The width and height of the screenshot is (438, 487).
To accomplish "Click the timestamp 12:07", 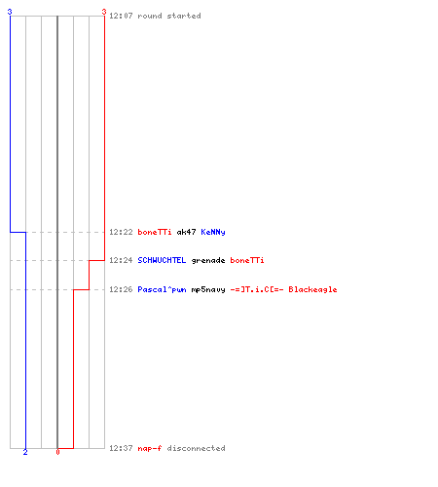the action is click(x=121, y=16).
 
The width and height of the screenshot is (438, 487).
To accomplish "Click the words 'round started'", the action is click(x=169, y=16).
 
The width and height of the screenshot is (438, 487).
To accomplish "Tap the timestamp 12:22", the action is click(x=121, y=232).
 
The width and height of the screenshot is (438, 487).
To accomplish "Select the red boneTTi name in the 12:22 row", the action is click(x=155, y=232).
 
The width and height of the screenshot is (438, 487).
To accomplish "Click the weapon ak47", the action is click(x=186, y=232).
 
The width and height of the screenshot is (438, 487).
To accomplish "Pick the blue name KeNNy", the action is click(x=213, y=232).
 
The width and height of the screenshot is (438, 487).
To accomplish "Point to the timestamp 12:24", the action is click(x=121, y=260).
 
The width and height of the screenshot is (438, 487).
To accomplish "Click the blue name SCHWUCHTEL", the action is click(x=162, y=260).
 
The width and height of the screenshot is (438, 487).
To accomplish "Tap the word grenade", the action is click(x=208, y=260).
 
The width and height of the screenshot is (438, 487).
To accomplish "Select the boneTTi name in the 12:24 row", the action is click(x=247, y=260).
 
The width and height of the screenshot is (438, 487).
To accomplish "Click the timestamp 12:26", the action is click(x=121, y=289).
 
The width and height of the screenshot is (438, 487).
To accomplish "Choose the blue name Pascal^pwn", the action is click(x=162, y=289).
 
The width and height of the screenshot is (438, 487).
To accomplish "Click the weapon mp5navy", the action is click(x=208, y=289).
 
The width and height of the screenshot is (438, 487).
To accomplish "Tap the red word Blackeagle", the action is click(x=312, y=289).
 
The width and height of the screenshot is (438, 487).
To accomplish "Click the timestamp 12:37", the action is click(x=121, y=448).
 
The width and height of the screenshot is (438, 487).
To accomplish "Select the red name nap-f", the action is click(x=150, y=448).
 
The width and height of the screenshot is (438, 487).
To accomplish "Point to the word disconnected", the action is click(x=196, y=448).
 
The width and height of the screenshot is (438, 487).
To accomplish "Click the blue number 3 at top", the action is click(x=10, y=12).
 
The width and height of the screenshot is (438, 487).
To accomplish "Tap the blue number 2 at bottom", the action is click(x=25, y=452).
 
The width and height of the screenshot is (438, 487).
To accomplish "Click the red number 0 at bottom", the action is click(x=57, y=452).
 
